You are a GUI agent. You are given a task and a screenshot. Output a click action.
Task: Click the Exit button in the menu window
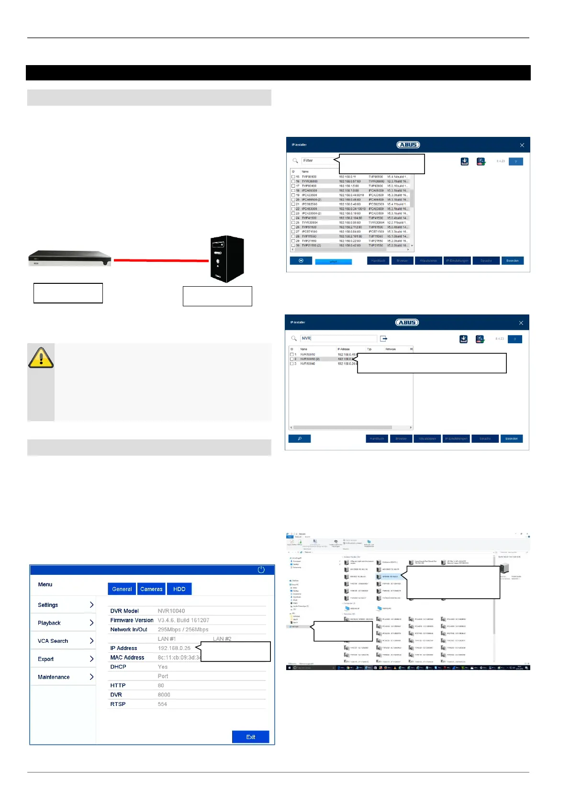pyautogui.click(x=250, y=737)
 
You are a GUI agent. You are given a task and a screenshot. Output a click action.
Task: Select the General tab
pyautogui.click(x=122, y=589)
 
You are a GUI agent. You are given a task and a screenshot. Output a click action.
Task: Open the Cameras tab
pyautogui.click(x=151, y=589)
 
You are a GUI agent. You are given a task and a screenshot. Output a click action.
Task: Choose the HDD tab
pyautogui.click(x=179, y=589)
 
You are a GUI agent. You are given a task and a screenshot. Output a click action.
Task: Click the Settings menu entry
pyautogui.click(x=64, y=605)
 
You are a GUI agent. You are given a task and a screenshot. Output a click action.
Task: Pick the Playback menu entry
pyautogui.click(x=64, y=623)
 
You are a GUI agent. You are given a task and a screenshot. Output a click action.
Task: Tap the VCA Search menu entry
pyautogui.click(x=64, y=641)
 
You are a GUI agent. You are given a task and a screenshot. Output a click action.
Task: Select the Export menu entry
pyautogui.click(x=64, y=659)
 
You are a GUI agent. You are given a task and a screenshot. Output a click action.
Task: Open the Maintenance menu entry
pyautogui.click(x=64, y=677)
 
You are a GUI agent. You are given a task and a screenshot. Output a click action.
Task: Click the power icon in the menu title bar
pyautogui.click(x=261, y=570)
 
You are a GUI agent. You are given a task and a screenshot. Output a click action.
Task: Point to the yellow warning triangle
pyautogui.click(x=41, y=358)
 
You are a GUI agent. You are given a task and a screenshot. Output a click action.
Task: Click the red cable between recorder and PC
pyautogui.click(x=161, y=260)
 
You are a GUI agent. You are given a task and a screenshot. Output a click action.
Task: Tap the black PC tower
pyautogui.click(x=227, y=258)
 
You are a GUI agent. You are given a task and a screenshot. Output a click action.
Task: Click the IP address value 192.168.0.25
pyautogui.click(x=174, y=648)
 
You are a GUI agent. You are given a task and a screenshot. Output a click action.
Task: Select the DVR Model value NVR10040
pyautogui.click(x=171, y=611)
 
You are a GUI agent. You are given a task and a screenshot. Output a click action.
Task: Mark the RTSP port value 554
pyautogui.click(x=162, y=704)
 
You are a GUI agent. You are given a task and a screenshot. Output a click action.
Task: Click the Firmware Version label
pyautogui.click(x=132, y=620)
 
